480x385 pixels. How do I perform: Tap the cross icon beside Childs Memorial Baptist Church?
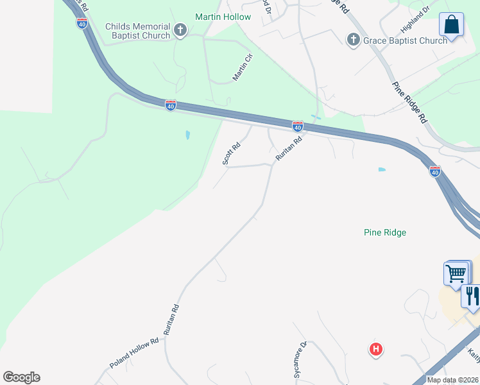(x=180, y=30)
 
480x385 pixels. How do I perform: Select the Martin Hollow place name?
(x=223, y=17)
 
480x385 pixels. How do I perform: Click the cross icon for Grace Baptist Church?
(x=353, y=40)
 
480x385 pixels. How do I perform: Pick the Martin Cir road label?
(x=243, y=67)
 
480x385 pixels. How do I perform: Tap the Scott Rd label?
(x=232, y=153)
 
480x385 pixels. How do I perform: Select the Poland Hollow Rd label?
(x=134, y=354)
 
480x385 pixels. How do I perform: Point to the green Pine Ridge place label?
(x=385, y=232)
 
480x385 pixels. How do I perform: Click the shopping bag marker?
(x=451, y=26)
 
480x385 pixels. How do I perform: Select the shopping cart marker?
(x=456, y=273)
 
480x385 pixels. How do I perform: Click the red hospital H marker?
(x=376, y=349)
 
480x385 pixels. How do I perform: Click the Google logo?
(x=22, y=377)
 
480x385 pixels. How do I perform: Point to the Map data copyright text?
(x=452, y=380)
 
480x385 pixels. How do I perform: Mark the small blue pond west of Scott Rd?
(x=187, y=135)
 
